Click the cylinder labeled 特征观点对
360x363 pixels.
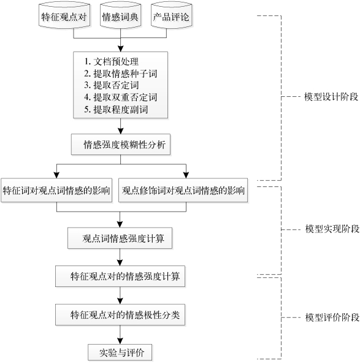point(64,16)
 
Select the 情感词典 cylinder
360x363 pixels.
point(120,16)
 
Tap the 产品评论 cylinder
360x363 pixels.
point(171,16)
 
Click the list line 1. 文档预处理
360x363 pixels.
point(112,61)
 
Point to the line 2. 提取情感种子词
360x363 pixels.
point(121,74)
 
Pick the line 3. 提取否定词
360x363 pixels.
point(112,85)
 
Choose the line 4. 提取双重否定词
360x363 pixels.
point(121,97)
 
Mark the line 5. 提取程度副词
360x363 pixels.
point(116,109)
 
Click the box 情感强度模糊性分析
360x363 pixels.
point(121,145)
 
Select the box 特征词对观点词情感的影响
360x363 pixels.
point(56,190)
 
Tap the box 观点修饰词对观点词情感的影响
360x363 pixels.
point(183,190)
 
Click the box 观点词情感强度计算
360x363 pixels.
point(120,238)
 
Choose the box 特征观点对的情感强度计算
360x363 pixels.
point(120,276)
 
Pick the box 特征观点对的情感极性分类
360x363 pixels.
point(120,315)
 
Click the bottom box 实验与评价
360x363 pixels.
point(120,353)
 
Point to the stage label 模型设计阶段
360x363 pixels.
point(331,97)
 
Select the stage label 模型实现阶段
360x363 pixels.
point(332,229)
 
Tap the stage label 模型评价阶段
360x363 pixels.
point(332,318)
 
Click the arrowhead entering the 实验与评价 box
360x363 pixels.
point(120,341)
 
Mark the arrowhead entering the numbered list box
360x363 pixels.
point(121,48)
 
